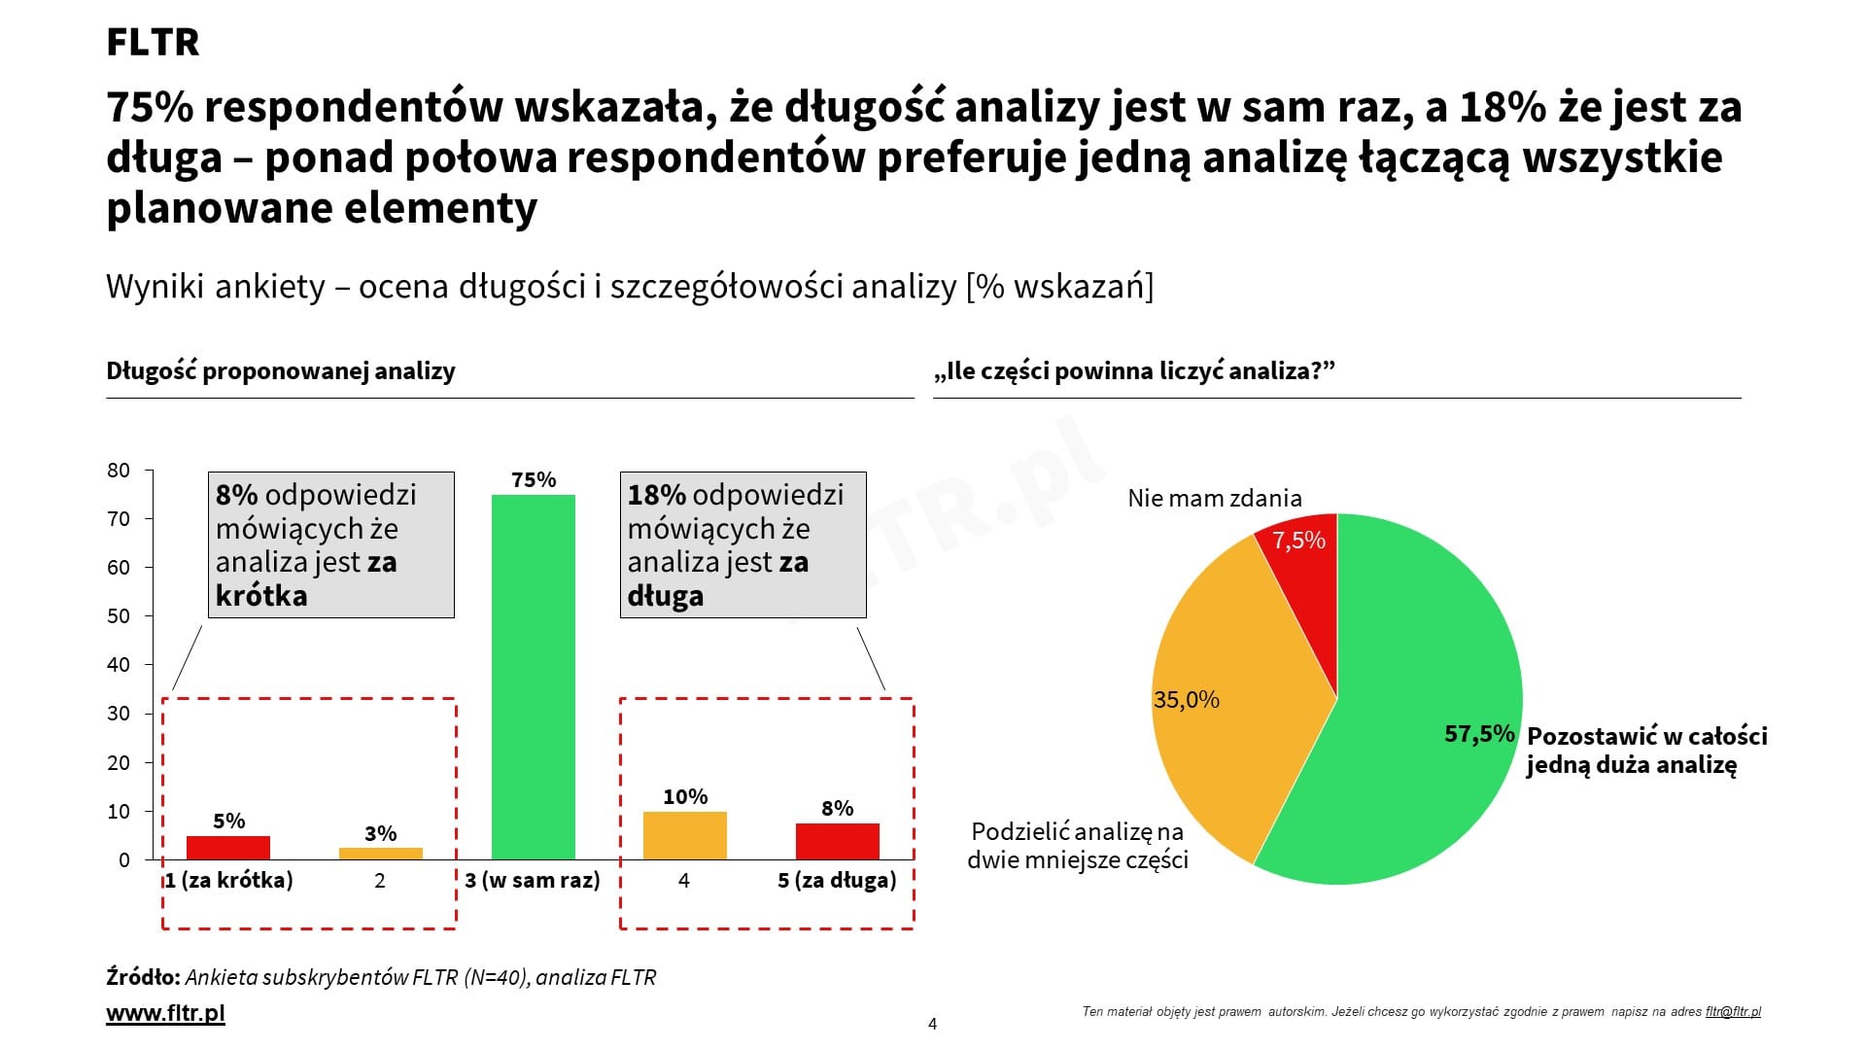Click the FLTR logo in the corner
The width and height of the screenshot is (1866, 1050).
153,43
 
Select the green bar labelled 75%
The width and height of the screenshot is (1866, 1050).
533,677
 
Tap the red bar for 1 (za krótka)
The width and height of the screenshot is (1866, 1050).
228,847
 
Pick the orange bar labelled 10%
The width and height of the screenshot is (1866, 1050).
684,835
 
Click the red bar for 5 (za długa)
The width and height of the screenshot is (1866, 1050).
837,841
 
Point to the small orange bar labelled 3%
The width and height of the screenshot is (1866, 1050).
380,854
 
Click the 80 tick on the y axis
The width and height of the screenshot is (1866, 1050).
119,471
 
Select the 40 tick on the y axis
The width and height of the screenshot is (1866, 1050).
119,665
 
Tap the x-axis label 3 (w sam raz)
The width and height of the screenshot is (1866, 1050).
533,881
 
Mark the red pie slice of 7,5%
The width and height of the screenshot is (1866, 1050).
1302,574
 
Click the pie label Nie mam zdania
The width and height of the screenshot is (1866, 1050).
1214,499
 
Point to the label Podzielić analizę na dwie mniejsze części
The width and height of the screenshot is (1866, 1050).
1078,846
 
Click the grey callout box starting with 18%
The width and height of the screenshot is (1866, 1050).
743,544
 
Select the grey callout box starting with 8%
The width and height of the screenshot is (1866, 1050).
331,544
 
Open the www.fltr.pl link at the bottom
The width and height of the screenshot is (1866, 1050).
165,1013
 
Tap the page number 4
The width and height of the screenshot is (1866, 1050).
933,1024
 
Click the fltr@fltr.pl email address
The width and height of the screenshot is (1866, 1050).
1733,1012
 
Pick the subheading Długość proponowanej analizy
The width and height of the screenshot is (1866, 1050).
281,371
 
